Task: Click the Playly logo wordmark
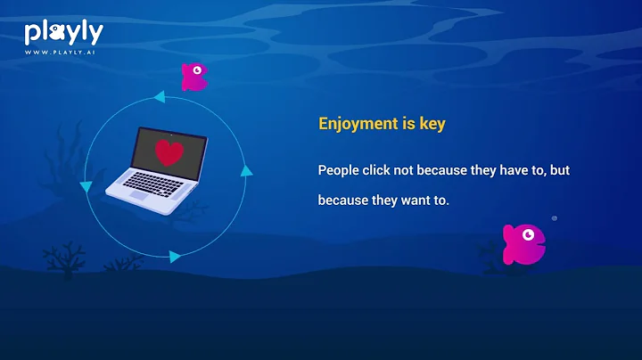(63, 33)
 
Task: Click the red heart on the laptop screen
(168, 152)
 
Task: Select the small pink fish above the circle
(193, 77)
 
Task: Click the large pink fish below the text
(524, 243)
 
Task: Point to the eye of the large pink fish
(530, 235)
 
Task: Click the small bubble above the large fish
(554, 217)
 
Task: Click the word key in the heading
(430, 124)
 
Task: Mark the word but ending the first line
(559, 169)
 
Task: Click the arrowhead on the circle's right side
(247, 170)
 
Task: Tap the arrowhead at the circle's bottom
(174, 256)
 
